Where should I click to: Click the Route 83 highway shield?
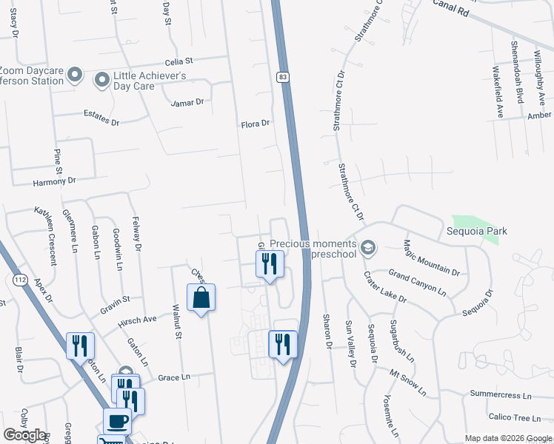(283, 76)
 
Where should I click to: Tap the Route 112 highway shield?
(19, 279)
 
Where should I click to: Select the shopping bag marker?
(201, 298)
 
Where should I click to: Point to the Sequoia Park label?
(481, 231)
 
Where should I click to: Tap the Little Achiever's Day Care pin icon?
(101, 77)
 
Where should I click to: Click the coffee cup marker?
(117, 421)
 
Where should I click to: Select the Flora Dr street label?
(256, 124)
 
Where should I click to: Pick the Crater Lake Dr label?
(384, 288)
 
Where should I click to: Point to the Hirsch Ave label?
(139, 320)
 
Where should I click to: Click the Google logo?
(24, 435)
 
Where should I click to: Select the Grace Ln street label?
(174, 377)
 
